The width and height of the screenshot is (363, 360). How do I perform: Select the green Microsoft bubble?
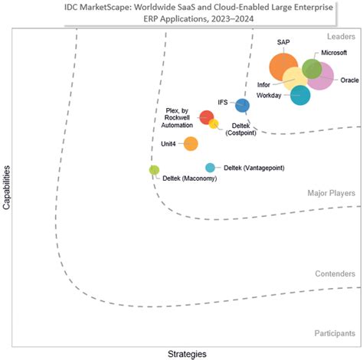coord(312,68)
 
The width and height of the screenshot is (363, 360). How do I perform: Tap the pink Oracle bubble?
coord(321,77)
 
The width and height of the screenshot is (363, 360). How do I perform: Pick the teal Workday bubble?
coord(300,96)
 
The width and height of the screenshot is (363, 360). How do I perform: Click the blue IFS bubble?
coord(242,105)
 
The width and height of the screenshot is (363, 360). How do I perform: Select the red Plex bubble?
coord(206,117)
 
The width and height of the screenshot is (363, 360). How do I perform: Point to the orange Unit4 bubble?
coord(191,143)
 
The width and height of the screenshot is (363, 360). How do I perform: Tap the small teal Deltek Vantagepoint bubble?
coord(210,168)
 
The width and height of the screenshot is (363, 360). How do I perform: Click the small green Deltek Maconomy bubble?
coord(154,170)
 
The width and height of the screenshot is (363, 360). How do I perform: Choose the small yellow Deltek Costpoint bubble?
coord(214,124)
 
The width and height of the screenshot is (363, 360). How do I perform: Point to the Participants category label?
coord(335,333)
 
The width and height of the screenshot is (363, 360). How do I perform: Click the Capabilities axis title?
coord(7,184)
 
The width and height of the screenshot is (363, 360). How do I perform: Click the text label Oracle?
coord(349,80)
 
